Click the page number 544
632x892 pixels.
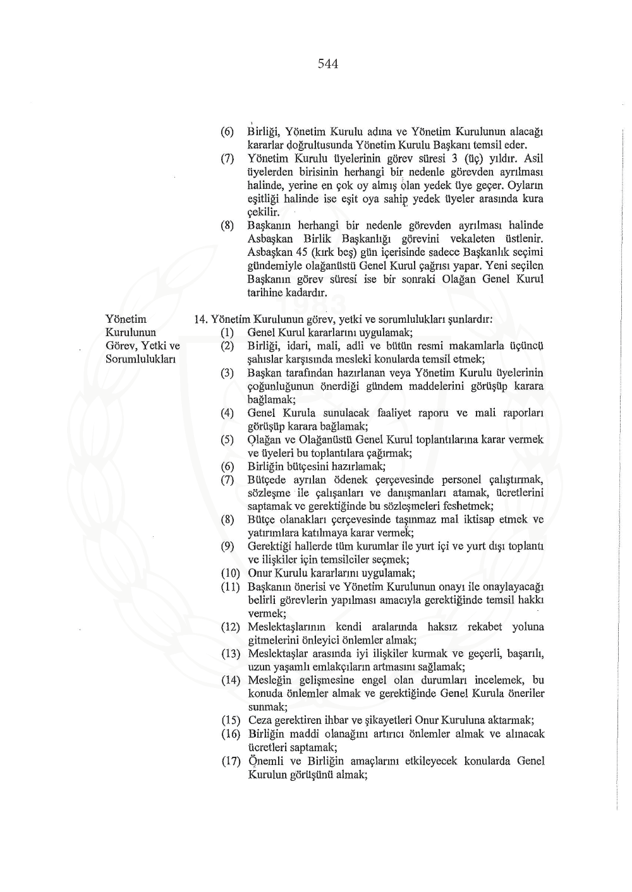328,63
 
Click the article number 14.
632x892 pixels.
200,320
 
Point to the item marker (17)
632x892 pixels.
231,761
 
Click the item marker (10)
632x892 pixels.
231,574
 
